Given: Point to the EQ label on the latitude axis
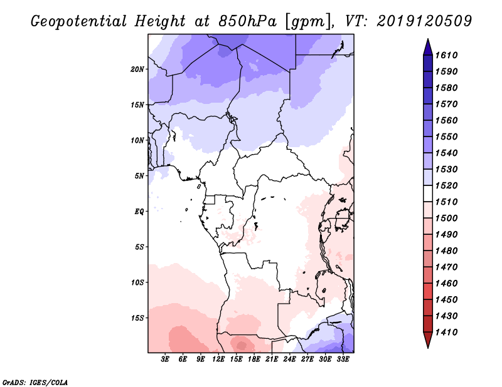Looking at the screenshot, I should pos(139,211).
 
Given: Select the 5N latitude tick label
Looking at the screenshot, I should pos(140,176).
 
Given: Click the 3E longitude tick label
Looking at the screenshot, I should pos(166,359).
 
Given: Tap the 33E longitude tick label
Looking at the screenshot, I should pos(343,359).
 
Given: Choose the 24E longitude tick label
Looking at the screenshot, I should pos(290,359).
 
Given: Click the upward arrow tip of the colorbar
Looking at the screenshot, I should pos(427,40).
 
